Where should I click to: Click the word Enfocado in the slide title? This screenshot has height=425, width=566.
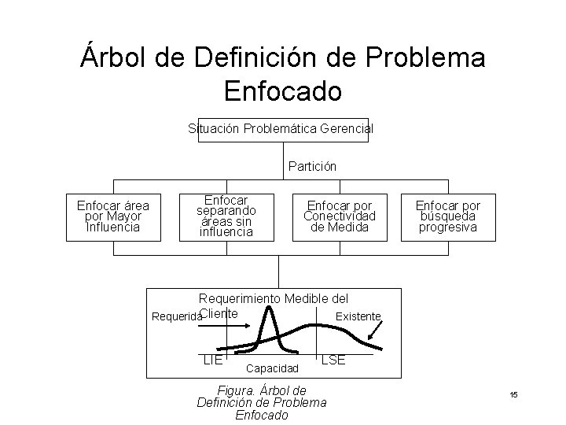[x=282, y=91]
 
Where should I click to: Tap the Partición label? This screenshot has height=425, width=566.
[x=312, y=167]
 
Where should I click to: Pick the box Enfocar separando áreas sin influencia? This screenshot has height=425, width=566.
[x=226, y=216]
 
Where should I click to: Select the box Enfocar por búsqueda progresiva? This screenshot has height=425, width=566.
[x=447, y=216]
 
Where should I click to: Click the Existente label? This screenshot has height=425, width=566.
[x=358, y=316]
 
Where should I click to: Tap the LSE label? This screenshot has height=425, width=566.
[x=333, y=359]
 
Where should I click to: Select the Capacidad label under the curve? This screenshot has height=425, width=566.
[x=273, y=368]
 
